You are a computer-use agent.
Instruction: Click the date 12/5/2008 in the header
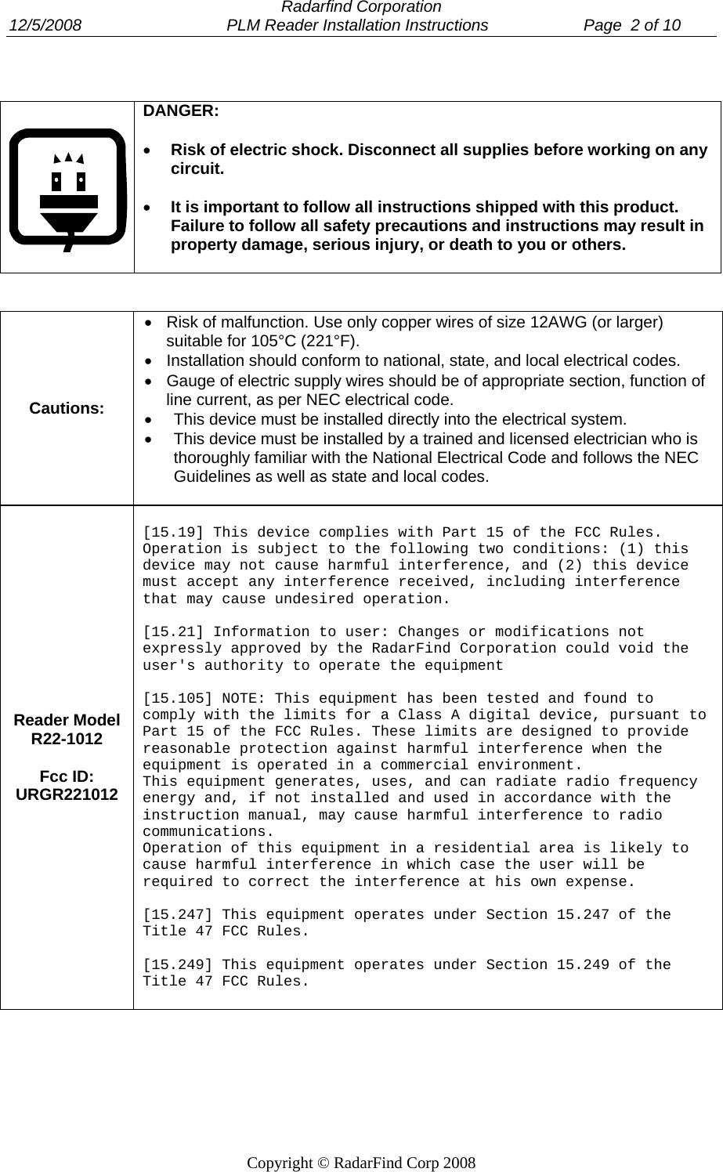pyautogui.click(x=45, y=25)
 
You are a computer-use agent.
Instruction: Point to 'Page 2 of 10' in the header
pyautogui.click(x=632, y=25)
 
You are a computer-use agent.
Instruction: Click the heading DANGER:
pyautogui.click(x=181, y=110)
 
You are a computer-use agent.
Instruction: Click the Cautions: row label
pyautogui.click(x=67, y=409)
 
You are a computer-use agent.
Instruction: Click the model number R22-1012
pyautogui.click(x=67, y=739)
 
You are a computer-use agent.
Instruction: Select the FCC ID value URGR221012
pyautogui.click(x=67, y=794)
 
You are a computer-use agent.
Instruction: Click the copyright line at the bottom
pyautogui.click(x=361, y=1163)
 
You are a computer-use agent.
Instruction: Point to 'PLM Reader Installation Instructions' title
pyautogui.click(x=356, y=25)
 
